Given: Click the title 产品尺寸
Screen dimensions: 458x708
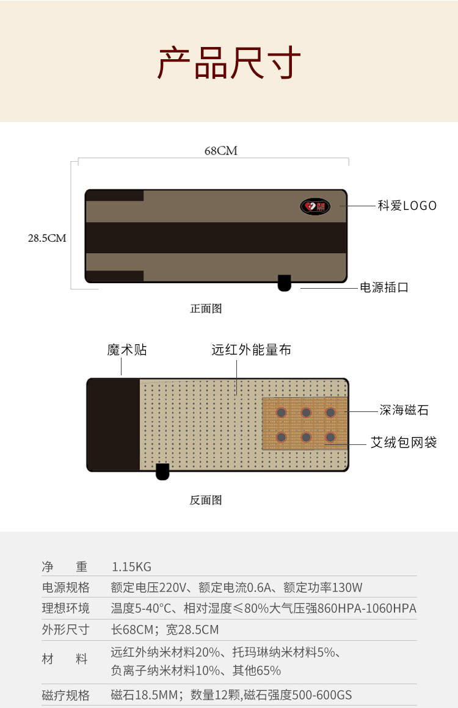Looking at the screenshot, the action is (229, 62).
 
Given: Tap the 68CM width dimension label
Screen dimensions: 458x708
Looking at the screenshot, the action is (220, 151).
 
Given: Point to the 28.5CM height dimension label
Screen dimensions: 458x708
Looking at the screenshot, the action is (47, 238).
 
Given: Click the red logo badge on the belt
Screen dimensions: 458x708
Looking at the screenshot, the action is (314, 206).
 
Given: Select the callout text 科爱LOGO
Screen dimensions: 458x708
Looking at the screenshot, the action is (407, 206).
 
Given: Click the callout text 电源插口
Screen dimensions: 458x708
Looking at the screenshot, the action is (384, 287).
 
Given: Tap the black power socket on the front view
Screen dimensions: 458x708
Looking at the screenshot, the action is (285, 283).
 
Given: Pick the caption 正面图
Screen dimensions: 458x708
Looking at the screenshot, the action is (206, 308).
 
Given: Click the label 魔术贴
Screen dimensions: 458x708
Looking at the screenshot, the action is (127, 350).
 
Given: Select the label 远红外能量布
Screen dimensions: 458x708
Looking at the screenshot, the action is (251, 350).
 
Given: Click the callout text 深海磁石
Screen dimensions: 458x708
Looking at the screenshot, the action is (404, 411).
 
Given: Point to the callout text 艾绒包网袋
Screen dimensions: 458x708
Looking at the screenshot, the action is (404, 442).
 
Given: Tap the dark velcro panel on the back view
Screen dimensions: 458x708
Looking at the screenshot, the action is (114, 425).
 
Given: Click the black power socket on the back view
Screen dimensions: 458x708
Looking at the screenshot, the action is (162, 471).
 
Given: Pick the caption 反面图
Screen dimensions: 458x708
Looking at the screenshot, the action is (206, 500).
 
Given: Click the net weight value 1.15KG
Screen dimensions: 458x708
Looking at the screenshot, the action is (131, 567).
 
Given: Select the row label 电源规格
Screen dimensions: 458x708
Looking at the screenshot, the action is (65, 588).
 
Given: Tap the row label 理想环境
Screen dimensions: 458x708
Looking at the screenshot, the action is (65, 609).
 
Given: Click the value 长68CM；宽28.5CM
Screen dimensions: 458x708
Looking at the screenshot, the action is (165, 629).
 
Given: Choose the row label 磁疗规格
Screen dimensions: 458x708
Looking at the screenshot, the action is (65, 695).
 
